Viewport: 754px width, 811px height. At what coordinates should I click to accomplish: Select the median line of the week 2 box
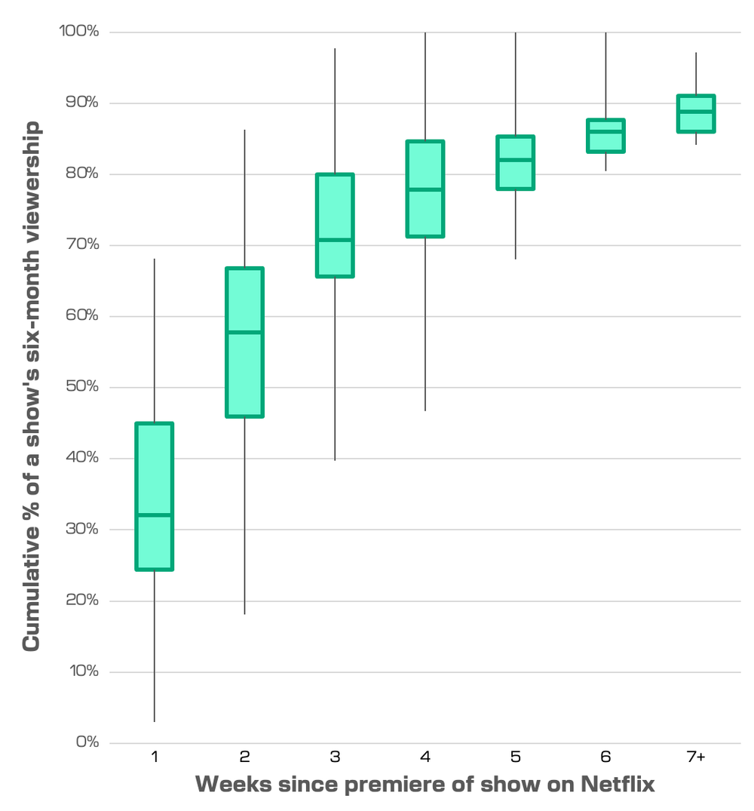[x=244, y=332]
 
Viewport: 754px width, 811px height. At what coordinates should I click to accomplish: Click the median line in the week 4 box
[x=425, y=189]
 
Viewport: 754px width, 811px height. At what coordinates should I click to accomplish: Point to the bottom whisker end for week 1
[x=155, y=721]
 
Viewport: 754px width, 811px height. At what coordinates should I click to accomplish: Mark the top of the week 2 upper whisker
[x=244, y=131]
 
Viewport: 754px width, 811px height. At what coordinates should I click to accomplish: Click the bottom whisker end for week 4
[x=425, y=410]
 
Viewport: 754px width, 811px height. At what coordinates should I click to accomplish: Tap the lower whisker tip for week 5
[x=516, y=259]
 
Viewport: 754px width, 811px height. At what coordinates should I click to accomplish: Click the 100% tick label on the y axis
[x=77, y=31]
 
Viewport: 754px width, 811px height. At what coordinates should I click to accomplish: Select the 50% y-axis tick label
[x=80, y=386]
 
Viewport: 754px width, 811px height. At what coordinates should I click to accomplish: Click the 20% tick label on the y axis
[x=80, y=600]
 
